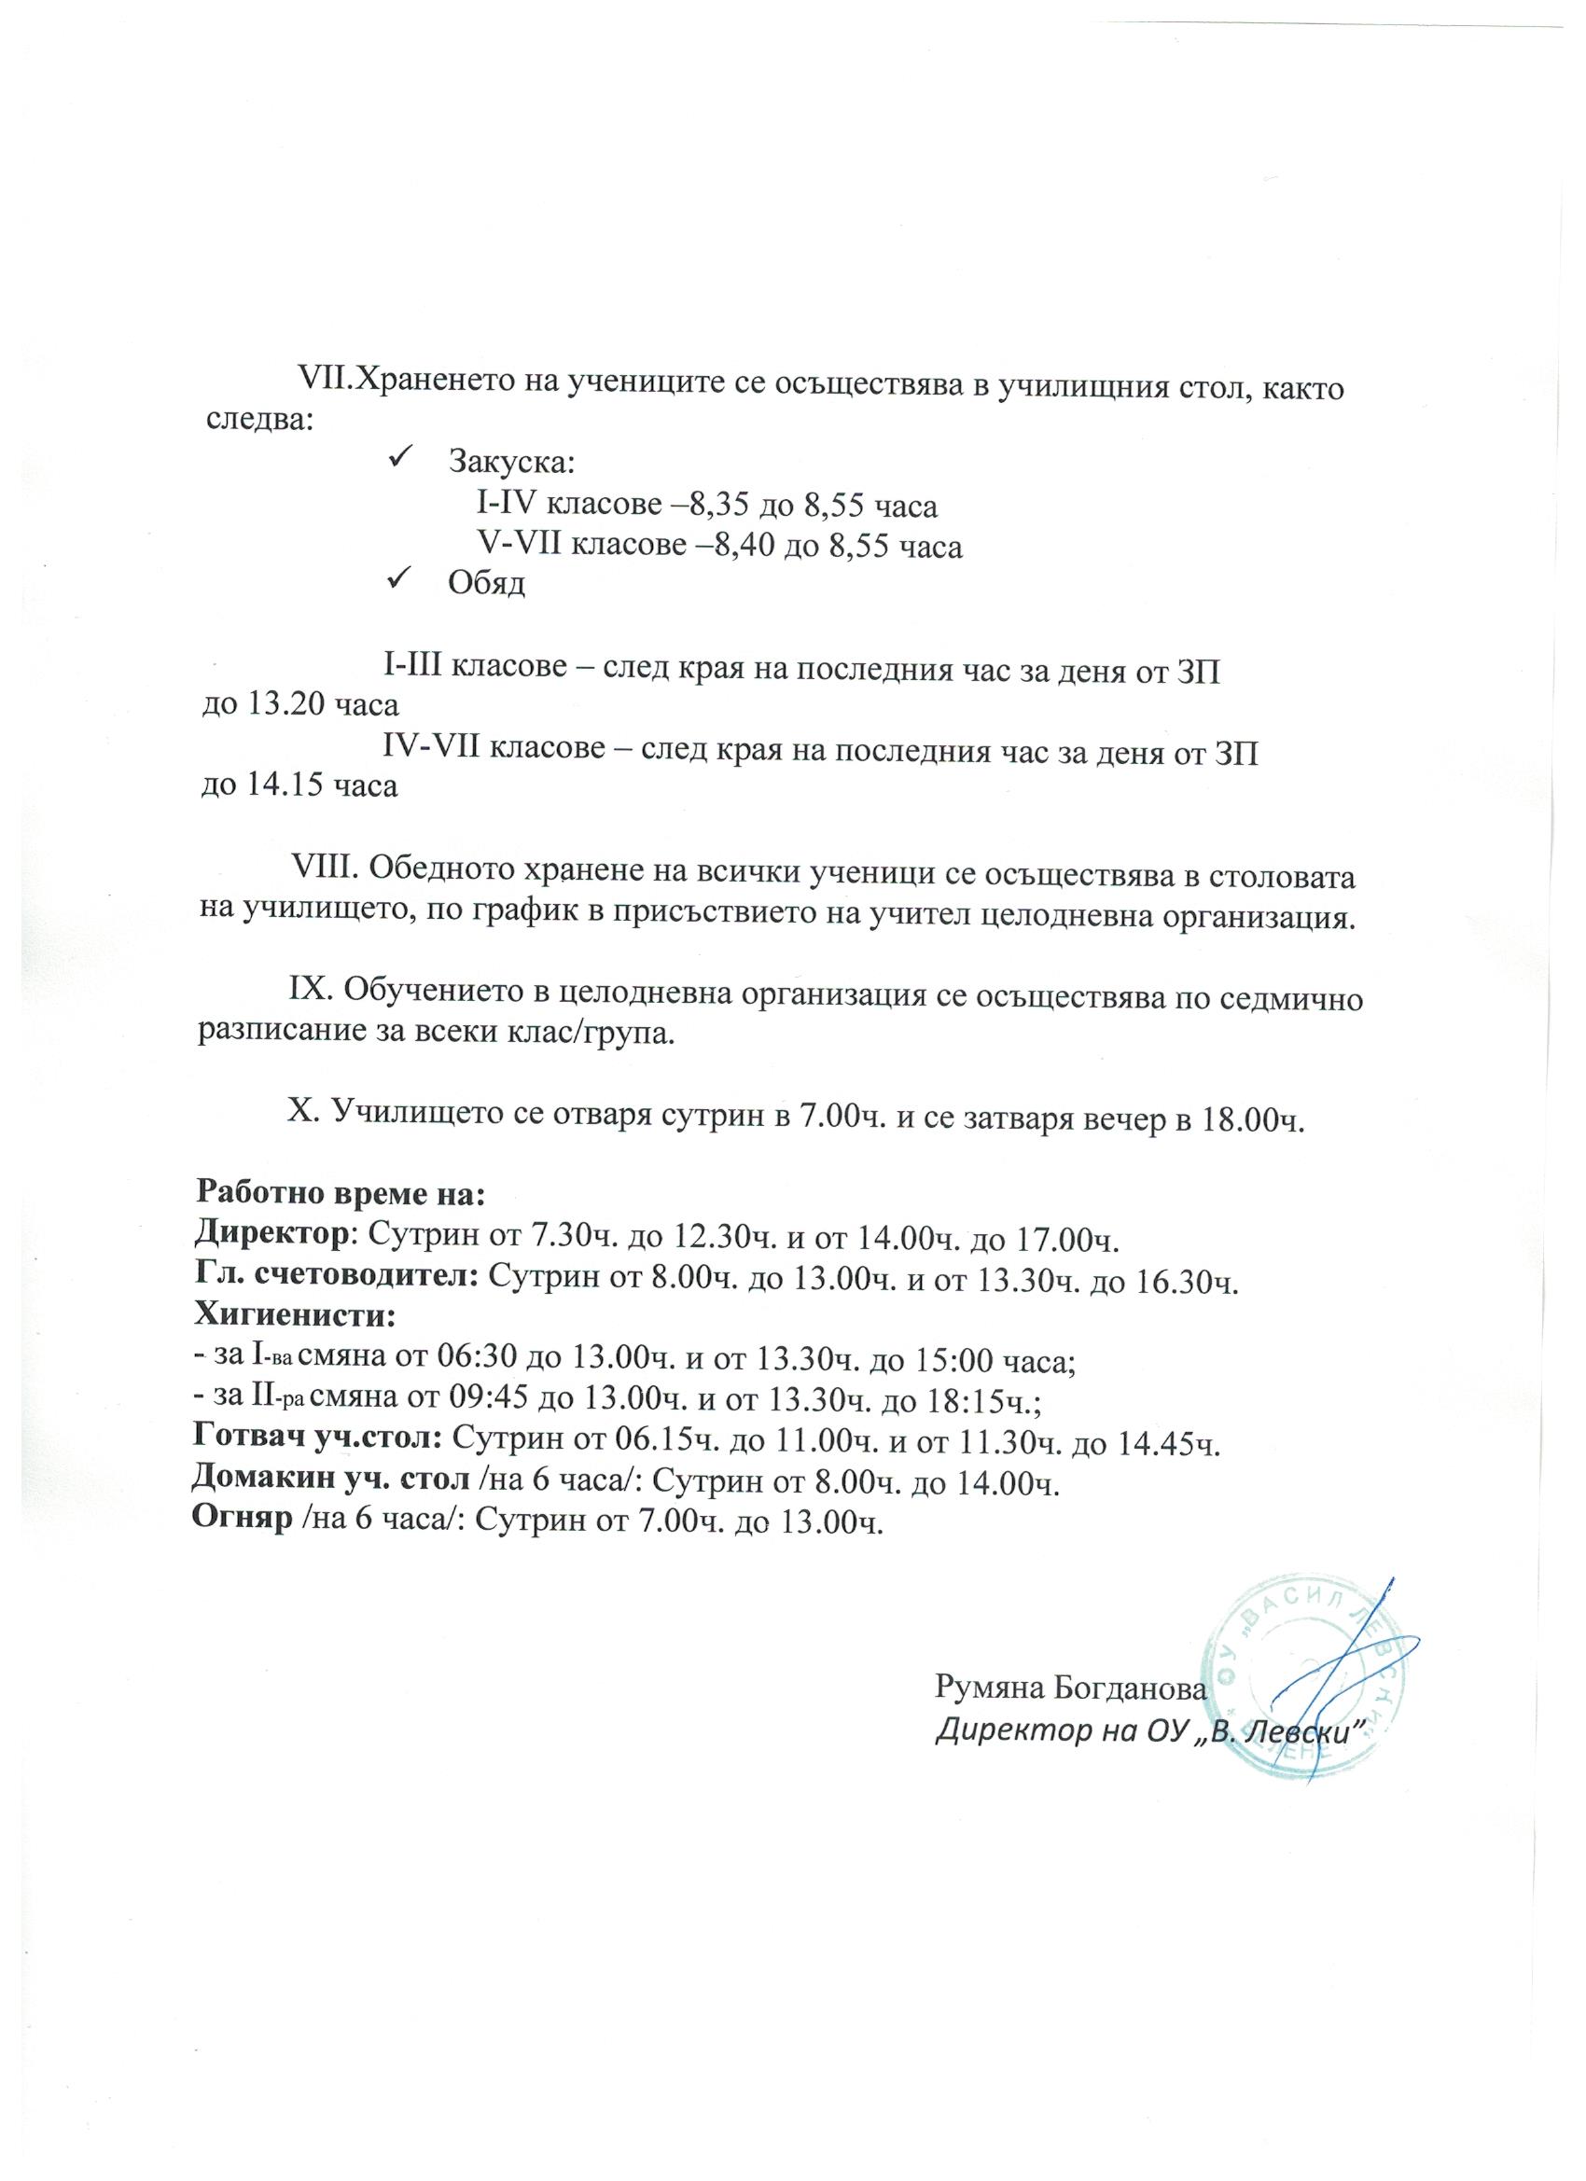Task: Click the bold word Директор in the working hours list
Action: (x=271, y=1233)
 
